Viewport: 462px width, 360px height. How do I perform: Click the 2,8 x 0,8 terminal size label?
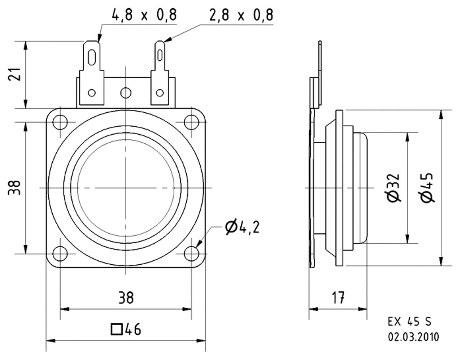point(241,15)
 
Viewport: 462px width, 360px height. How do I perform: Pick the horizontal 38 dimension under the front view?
point(126,298)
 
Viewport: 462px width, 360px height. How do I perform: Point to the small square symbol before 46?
point(116,329)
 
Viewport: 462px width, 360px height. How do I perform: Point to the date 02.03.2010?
point(414,337)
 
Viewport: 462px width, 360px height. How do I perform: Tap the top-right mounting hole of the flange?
point(191,122)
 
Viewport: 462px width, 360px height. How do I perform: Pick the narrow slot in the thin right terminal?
point(160,56)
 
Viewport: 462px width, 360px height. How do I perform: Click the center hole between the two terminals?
point(126,93)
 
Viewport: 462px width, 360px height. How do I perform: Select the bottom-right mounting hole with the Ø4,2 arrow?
point(191,253)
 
